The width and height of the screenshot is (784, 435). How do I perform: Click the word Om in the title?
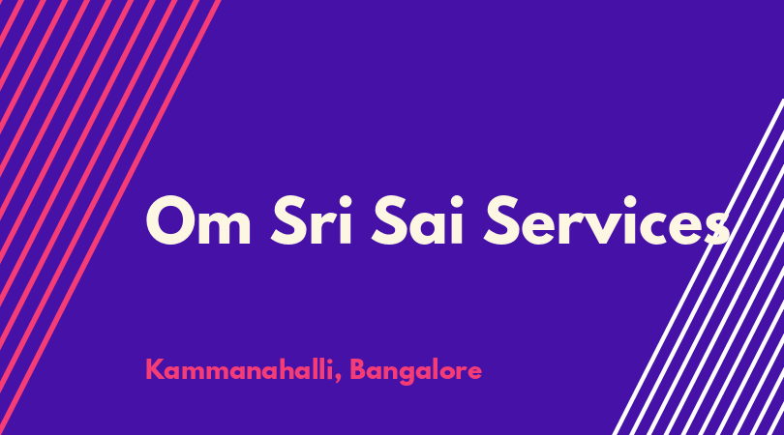pos(198,220)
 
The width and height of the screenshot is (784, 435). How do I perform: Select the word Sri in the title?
pos(312,220)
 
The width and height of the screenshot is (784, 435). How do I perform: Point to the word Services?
pos(607,220)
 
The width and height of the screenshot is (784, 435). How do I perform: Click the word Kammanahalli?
pos(239,370)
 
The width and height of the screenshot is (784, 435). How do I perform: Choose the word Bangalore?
pos(415,371)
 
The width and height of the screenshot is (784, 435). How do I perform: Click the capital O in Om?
pos(169,220)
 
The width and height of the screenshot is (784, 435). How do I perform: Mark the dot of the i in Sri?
pos(346,201)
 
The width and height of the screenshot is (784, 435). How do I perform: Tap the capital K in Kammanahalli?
pos(156,369)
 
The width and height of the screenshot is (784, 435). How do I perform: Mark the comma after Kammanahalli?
pos(338,379)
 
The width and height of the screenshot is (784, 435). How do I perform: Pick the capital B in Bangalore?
pos(358,369)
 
